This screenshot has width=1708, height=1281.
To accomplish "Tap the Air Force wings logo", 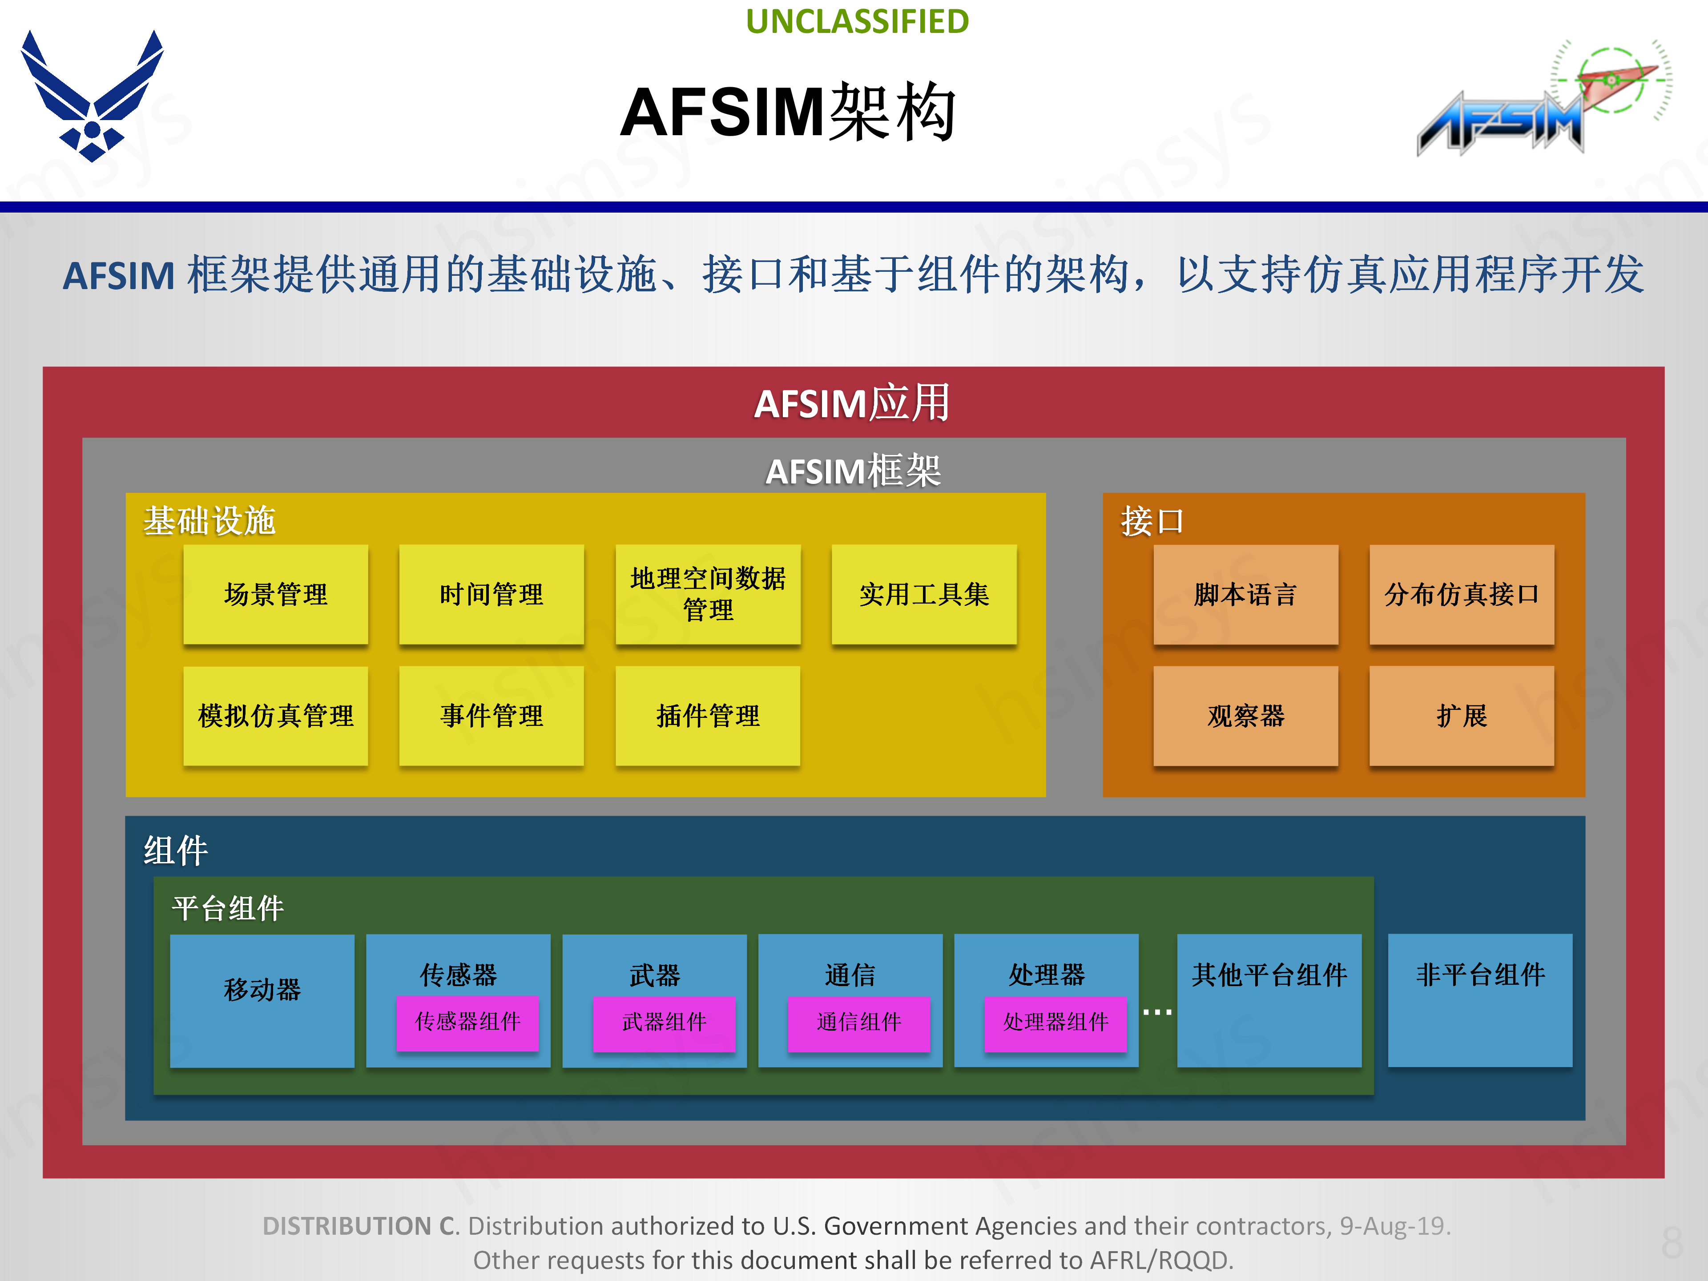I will click(x=92, y=97).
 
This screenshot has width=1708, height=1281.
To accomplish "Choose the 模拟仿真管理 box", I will click(x=276, y=716).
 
